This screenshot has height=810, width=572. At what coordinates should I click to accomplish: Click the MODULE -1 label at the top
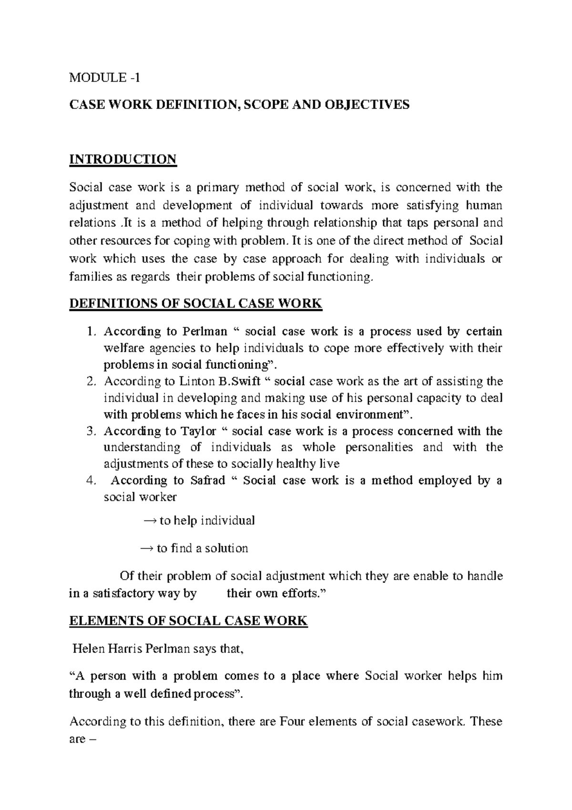pos(105,77)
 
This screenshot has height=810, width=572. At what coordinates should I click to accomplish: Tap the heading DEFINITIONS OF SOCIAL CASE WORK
pos(195,303)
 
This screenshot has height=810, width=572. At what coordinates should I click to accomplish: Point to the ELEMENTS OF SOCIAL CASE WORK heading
pos(189,621)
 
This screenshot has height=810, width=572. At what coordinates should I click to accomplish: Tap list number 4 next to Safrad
pos(92,481)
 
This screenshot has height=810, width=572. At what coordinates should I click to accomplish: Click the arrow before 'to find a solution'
pos(147,549)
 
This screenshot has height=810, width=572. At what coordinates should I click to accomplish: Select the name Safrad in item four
pos(207,481)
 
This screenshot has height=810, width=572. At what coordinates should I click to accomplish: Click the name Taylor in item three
pos(198,432)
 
